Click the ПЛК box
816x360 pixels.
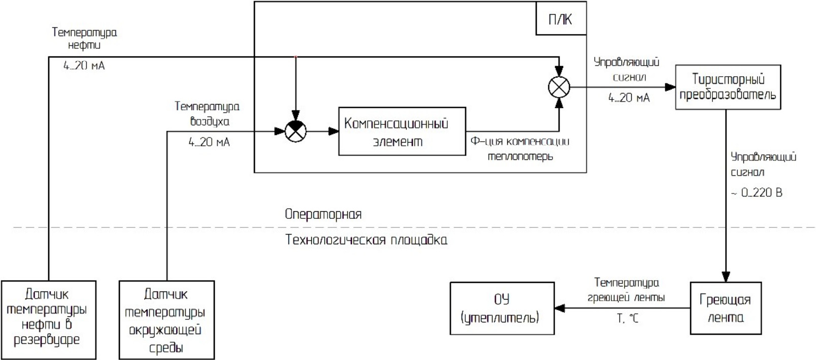coord(561,19)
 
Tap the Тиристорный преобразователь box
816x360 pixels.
coord(727,87)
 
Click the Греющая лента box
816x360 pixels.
coord(725,308)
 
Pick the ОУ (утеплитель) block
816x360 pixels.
coord(502,308)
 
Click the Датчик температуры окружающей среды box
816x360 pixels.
coord(167,320)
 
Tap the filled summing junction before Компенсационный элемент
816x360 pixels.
coord(296,132)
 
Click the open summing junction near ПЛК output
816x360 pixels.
coord(559,87)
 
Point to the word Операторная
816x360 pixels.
coord(323,214)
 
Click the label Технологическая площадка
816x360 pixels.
coord(366,240)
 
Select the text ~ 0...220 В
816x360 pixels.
coord(756,193)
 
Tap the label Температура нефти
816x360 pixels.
coord(84,39)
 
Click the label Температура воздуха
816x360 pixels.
coord(207,114)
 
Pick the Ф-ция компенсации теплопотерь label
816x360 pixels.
coord(520,149)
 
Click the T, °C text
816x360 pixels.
coord(627,319)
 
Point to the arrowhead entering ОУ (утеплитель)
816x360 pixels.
coord(559,308)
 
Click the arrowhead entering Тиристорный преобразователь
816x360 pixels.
coord(670,87)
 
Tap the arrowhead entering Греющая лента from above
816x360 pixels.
coord(726,277)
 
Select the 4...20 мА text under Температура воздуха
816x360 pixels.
coord(209,143)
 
